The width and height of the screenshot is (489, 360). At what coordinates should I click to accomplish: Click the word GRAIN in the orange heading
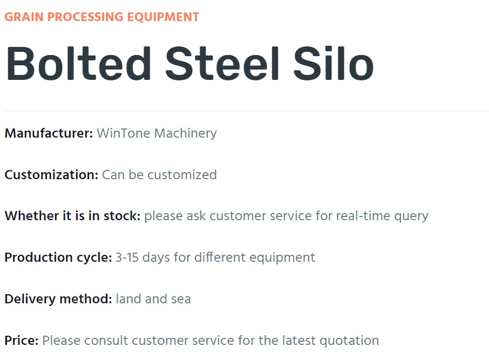(24, 17)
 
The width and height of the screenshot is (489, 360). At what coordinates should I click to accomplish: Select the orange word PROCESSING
(85, 17)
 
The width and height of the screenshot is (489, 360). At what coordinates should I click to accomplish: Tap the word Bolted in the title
(78, 64)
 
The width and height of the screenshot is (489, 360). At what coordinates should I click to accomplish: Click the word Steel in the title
(222, 64)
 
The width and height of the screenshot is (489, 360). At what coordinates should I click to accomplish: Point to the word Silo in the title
(334, 64)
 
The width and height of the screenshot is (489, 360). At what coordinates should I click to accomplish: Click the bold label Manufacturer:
(49, 133)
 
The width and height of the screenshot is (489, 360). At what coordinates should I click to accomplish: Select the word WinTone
(124, 133)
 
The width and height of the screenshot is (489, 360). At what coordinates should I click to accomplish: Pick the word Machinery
(186, 134)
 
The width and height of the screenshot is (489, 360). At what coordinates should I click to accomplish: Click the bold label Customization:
(51, 175)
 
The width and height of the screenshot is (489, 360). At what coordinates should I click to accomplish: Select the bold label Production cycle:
(58, 258)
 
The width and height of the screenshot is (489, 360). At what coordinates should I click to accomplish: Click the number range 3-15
(127, 257)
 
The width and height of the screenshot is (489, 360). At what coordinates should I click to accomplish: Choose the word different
(220, 257)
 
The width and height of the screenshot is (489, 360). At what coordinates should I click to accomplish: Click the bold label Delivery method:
(58, 299)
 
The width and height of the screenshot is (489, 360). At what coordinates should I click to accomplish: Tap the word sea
(181, 300)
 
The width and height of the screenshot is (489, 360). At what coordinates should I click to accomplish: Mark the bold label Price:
(22, 341)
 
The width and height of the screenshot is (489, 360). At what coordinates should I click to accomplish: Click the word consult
(106, 341)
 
